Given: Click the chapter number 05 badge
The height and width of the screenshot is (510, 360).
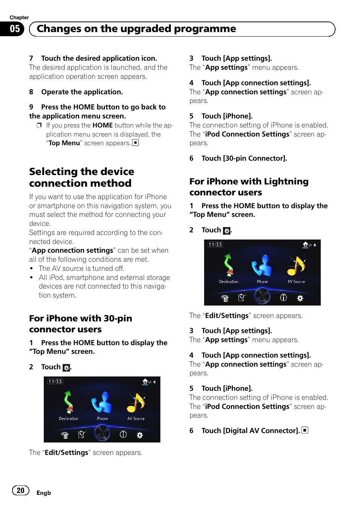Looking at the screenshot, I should pyautogui.click(x=15, y=29).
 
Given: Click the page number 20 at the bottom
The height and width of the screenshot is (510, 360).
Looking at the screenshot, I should pyautogui.click(x=20, y=490).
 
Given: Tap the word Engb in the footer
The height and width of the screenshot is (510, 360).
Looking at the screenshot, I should pyautogui.click(x=43, y=493).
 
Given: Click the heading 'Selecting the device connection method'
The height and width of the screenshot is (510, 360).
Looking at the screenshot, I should pyautogui.click(x=82, y=177).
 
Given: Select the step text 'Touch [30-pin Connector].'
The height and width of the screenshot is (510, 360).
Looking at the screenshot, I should pyautogui.click(x=244, y=158).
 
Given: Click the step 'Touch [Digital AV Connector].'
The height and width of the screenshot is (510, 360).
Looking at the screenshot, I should pyautogui.click(x=250, y=431).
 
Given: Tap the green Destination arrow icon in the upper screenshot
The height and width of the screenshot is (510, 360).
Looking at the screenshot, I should pyautogui.click(x=228, y=264).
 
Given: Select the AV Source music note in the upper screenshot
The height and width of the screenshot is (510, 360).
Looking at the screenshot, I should pyautogui.click(x=296, y=266).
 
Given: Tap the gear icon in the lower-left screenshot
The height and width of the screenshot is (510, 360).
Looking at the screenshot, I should pyautogui.click(x=140, y=435).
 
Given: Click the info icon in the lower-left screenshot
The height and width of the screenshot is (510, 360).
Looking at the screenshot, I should pyautogui.click(x=123, y=435).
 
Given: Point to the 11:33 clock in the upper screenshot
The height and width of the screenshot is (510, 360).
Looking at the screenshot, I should pyautogui.click(x=215, y=244).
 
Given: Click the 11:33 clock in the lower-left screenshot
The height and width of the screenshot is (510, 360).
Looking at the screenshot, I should pyautogui.click(x=55, y=381).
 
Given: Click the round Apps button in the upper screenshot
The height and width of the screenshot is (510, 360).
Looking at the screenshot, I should pyautogui.click(x=262, y=296).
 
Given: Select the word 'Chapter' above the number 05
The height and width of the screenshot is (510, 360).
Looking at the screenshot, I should pyautogui.click(x=19, y=17).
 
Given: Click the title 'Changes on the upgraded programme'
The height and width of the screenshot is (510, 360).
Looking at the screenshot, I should pyautogui.click(x=136, y=29).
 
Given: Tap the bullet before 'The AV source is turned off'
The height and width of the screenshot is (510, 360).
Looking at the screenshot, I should pyautogui.click(x=31, y=269).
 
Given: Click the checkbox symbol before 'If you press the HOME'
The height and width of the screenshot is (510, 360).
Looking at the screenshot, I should pyautogui.click(x=39, y=125).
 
